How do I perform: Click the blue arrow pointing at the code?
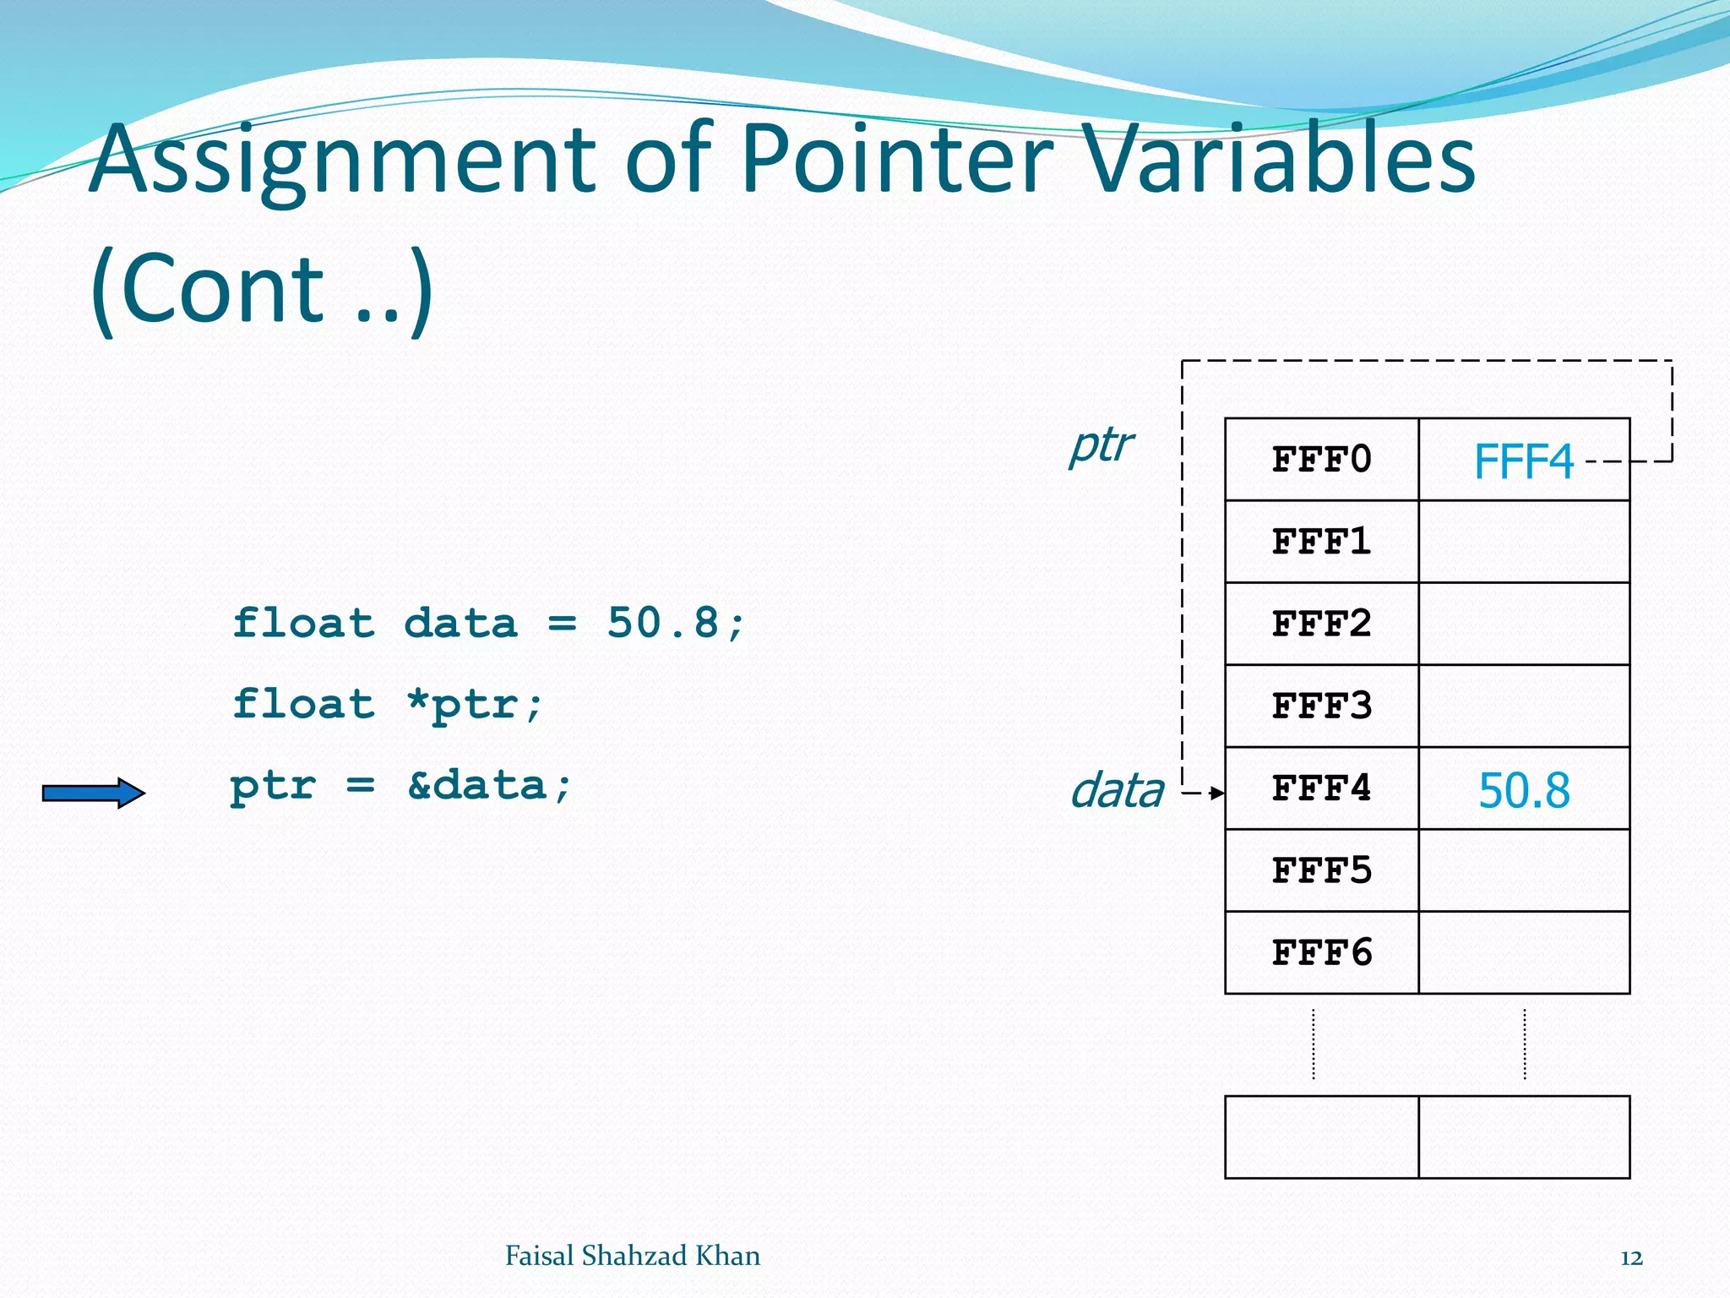tap(94, 793)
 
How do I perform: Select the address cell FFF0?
tap(1321, 460)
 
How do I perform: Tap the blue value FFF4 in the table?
tap(1523, 461)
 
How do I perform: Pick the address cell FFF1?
tap(1321, 542)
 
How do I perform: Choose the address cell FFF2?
tap(1321, 624)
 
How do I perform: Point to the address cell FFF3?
tap(1321, 706)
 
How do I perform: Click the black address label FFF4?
tap(1321, 788)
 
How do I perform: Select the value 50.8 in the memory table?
tap(1524, 791)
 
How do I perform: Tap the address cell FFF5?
tap(1321, 870)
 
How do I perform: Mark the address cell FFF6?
tap(1321, 952)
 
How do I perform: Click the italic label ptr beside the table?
tap(1101, 444)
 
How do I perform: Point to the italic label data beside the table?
tap(1117, 791)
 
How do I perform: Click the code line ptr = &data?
tap(401, 786)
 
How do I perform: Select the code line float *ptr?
tap(388, 704)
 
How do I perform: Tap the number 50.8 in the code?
tap(662, 624)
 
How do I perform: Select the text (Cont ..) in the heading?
tap(262, 289)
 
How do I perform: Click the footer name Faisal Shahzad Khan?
tap(632, 1256)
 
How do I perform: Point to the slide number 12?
tap(1631, 1258)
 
